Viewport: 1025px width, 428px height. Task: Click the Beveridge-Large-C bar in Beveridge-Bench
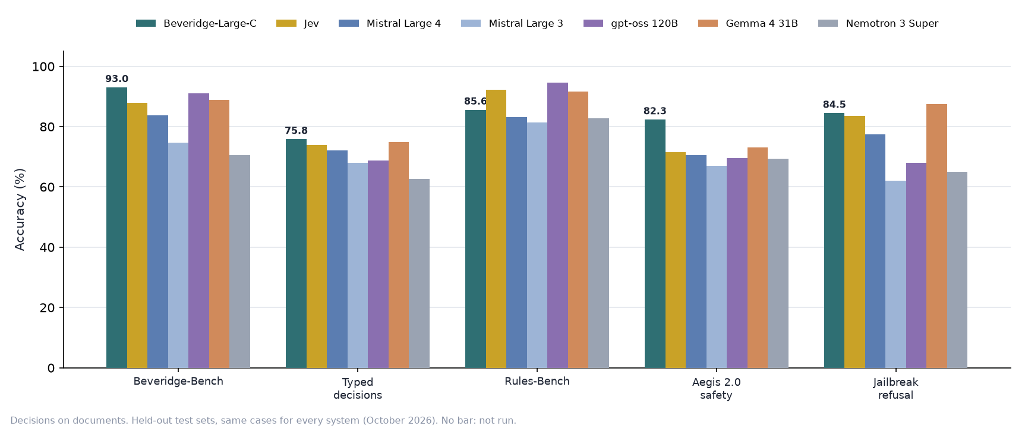tap(116, 228)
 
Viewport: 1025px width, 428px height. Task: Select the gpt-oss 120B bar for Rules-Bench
tap(557, 225)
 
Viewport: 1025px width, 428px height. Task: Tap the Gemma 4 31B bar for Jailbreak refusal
tap(936, 236)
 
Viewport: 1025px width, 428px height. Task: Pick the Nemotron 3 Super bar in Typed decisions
tap(419, 273)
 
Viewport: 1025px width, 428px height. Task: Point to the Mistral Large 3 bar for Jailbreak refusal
tap(895, 274)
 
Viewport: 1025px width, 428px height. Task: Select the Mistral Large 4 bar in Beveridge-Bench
tap(157, 241)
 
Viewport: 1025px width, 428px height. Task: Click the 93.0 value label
tap(117, 79)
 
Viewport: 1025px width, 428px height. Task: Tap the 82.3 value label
tap(655, 111)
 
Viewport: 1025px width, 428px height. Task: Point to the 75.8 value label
tap(296, 131)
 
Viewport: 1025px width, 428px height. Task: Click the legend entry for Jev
tap(298, 24)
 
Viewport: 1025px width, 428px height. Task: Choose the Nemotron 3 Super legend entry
tap(878, 24)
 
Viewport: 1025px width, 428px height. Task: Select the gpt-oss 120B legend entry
tap(630, 24)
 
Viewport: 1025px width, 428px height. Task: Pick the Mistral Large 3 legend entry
tap(512, 24)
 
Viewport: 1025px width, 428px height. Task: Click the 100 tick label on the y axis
tap(43, 67)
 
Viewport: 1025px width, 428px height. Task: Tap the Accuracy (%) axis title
tap(20, 209)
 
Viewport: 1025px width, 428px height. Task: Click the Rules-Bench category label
tap(537, 382)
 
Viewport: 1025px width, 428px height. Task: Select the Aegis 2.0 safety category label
tap(717, 389)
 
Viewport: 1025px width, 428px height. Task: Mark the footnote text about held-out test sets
tap(263, 421)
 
